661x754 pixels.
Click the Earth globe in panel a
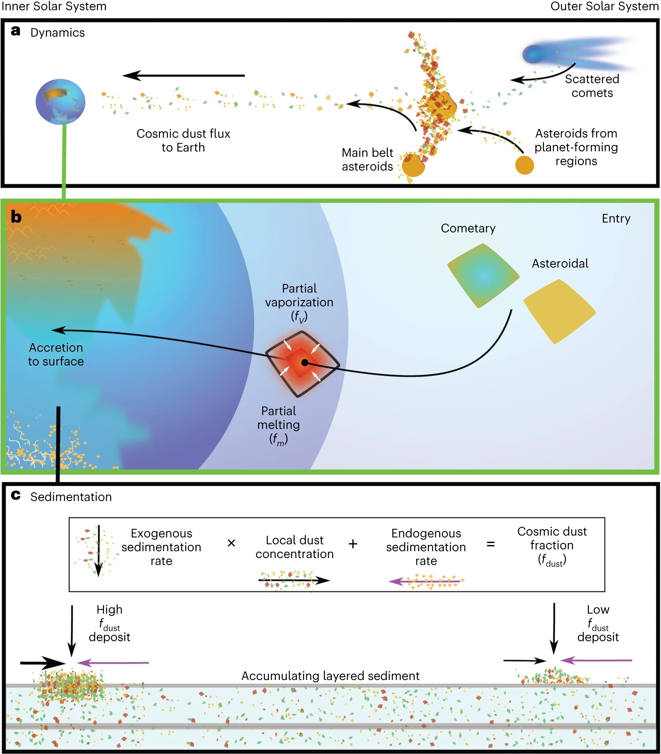point(60,102)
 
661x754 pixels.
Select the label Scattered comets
point(592,86)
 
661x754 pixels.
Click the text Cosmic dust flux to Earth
point(183,140)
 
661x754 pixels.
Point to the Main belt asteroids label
point(367,159)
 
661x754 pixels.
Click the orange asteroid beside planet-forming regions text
point(524,165)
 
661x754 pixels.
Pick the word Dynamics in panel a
point(57,33)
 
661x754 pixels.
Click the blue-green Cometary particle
point(483,276)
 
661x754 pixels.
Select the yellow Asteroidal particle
point(559,311)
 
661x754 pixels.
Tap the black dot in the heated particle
point(305,362)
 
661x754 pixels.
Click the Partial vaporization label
point(299,302)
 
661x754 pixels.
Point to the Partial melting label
point(279,425)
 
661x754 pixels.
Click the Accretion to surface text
point(56,354)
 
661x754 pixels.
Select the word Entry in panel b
point(616,218)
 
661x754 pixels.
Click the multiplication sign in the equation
point(231,543)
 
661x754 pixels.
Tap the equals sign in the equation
point(490,544)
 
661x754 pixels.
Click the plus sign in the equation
point(353,544)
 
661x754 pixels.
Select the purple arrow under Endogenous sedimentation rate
point(425,582)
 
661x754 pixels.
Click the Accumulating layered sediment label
point(330,676)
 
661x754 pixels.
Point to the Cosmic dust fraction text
point(552,545)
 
